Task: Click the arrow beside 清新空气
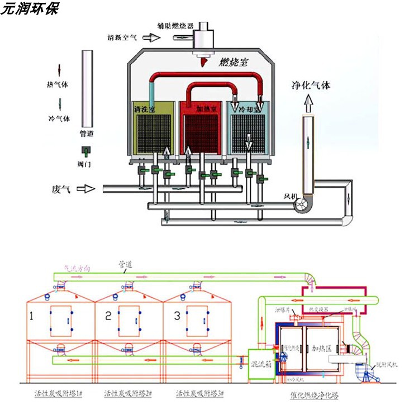[150, 38]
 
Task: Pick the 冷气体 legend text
[59, 118]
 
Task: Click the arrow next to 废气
[85, 189]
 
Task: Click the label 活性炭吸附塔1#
[58, 394]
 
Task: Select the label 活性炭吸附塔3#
[199, 394]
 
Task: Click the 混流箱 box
[261, 363]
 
